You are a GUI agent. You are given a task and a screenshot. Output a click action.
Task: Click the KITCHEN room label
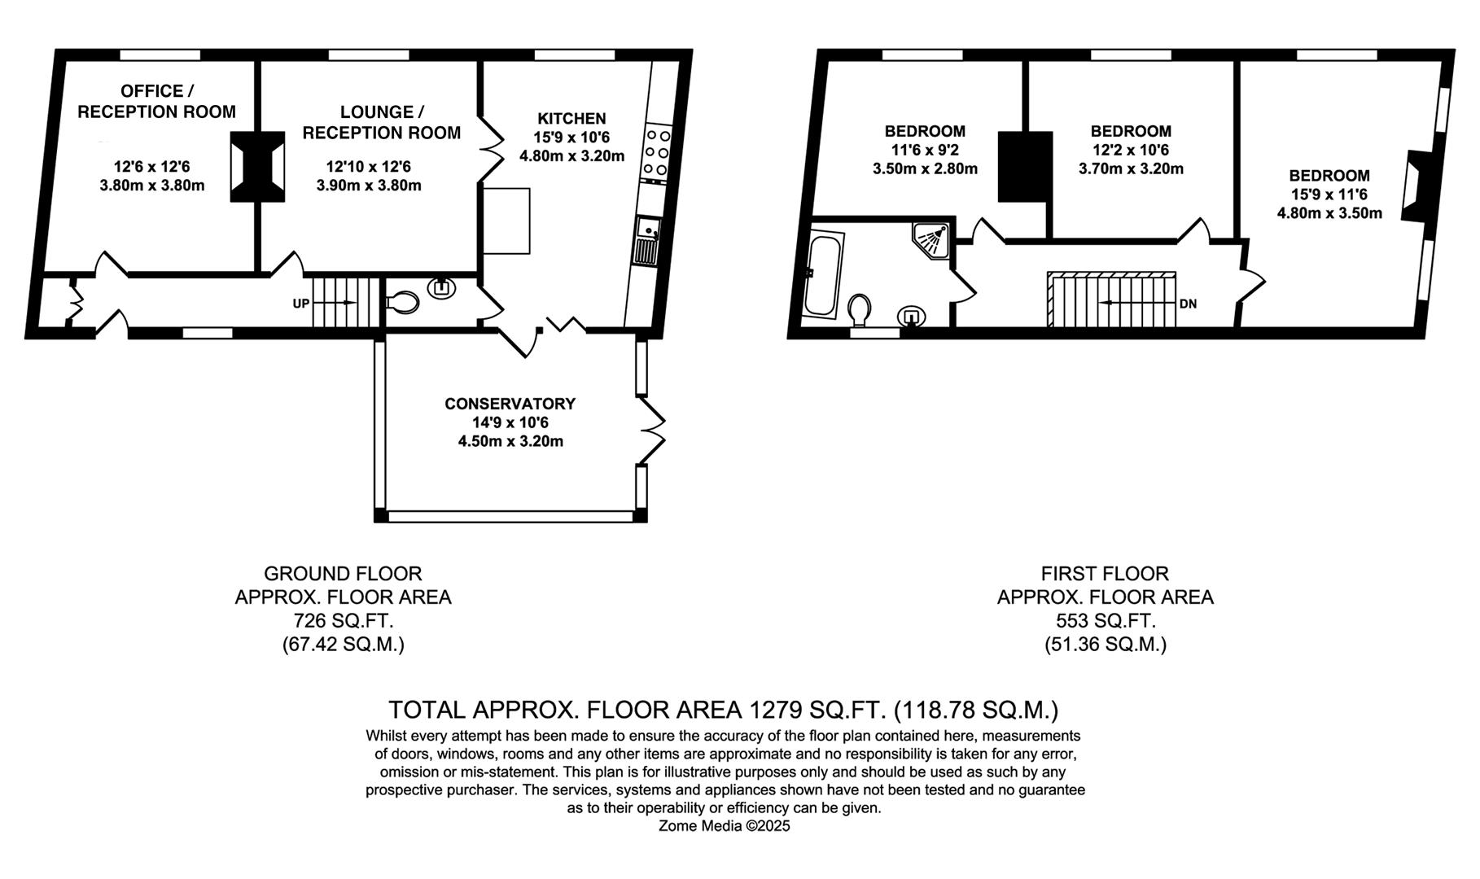(x=571, y=119)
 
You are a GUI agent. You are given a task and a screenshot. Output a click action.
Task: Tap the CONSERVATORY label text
(x=510, y=404)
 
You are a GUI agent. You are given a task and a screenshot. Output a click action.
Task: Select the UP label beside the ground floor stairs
(x=301, y=304)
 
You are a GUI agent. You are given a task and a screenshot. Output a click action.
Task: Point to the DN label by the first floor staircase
(x=1188, y=304)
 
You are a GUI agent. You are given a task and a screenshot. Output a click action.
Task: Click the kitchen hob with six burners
(x=656, y=153)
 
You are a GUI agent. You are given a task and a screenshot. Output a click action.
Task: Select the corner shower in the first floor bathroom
(x=931, y=237)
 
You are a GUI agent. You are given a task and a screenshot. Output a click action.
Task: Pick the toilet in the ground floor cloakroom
(x=401, y=303)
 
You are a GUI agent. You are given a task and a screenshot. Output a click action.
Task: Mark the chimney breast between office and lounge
(x=258, y=166)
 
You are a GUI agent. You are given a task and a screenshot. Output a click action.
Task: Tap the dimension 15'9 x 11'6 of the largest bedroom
(x=1329, y=195)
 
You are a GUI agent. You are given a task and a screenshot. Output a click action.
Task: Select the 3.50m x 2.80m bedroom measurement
(x=925, y=169)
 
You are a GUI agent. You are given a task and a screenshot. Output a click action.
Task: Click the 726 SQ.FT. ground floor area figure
(x=343, y=621)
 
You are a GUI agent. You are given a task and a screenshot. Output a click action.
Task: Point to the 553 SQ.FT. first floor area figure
(x=1105, y=621)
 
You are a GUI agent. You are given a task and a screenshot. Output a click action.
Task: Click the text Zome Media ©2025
(x=724, y=826)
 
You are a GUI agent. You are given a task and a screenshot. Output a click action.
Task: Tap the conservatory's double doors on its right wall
(x=653, y=430)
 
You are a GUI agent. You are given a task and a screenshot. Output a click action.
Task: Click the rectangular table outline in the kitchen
(x=506, y=221)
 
